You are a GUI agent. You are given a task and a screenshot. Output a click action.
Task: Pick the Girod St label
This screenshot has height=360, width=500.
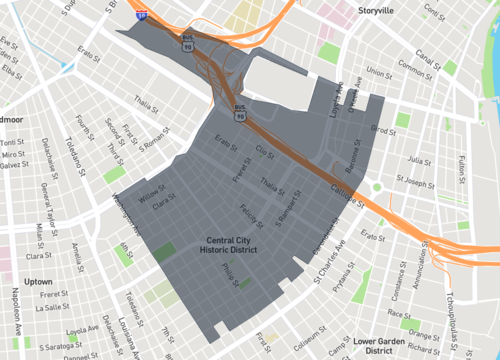tap(385, 129)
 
